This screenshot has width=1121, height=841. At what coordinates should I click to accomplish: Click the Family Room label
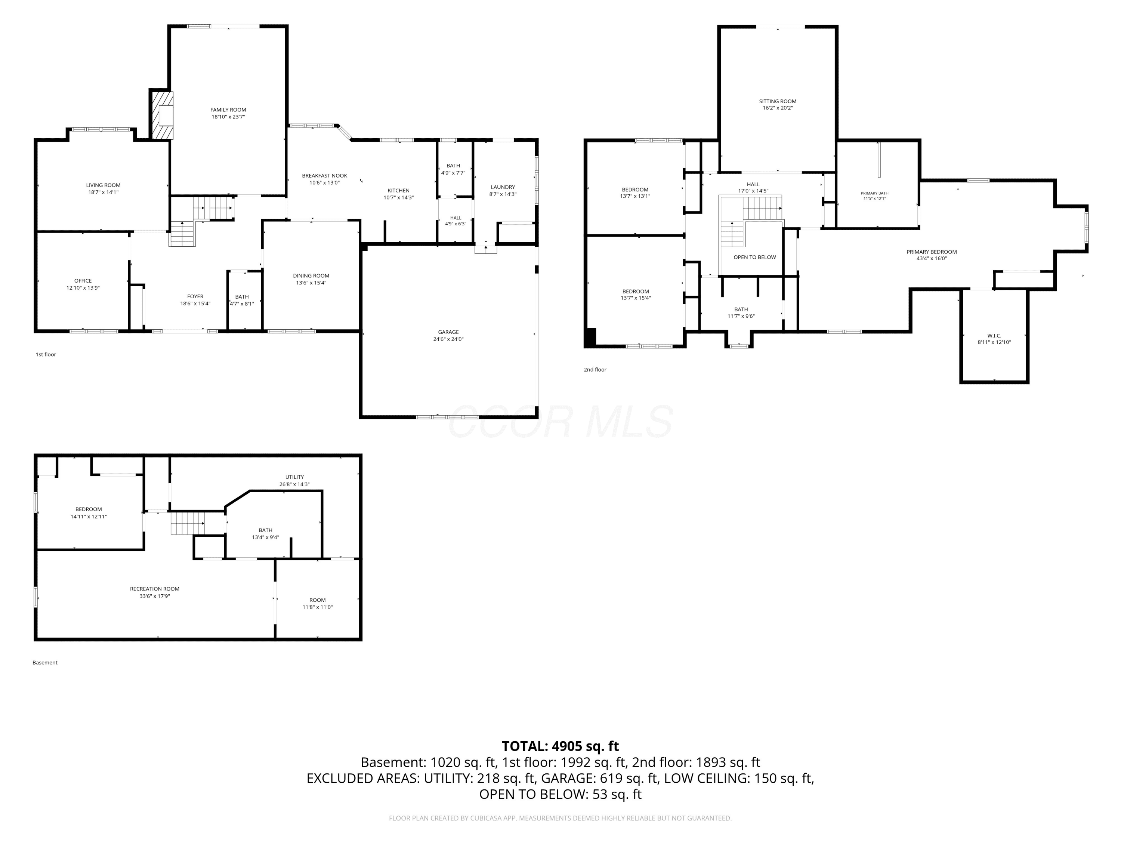(228, 110)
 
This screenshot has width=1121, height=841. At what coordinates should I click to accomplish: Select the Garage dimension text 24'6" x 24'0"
(448, 339)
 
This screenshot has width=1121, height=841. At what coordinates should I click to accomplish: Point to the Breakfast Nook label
(324, 175)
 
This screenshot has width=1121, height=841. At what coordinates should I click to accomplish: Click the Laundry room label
(503, 187)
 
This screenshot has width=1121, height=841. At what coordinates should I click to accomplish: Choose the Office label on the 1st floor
(83, 280)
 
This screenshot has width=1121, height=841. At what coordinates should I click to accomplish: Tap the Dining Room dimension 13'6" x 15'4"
(311, 283)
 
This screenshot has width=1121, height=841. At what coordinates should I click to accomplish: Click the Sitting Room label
(777, 101)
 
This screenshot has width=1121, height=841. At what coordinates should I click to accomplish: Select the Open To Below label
(754, 257)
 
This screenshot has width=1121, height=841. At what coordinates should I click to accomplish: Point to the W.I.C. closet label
(994, 336)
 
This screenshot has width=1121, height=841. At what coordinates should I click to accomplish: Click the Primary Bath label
(874, 193)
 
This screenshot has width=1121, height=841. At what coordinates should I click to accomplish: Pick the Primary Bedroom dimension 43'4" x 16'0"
(932, 259)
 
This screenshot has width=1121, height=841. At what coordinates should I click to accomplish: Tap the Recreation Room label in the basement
(155, 589)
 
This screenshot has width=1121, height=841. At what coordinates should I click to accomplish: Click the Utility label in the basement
(294, 477)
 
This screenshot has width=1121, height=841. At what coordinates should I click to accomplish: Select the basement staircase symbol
(187, 523)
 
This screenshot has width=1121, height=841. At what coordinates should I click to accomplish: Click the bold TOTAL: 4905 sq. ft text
(560, 746)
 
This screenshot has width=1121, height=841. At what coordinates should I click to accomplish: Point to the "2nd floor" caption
(595, 370)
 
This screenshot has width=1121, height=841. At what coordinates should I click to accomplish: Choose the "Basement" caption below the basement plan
(45, 663)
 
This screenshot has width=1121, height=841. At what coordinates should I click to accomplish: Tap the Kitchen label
(398, 191)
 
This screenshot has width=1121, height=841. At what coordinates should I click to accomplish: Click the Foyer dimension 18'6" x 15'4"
(195, 304)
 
